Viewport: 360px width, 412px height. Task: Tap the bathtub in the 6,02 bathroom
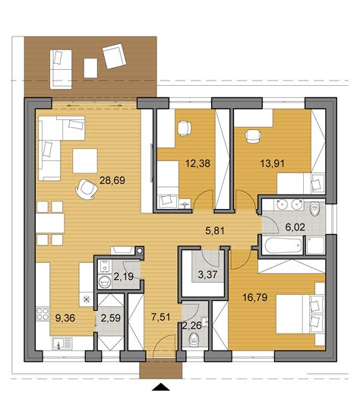coord(278,245)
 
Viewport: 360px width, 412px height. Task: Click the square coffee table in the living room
coord(85,160)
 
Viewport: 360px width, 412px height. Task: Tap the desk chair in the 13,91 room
coord(251,136)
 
